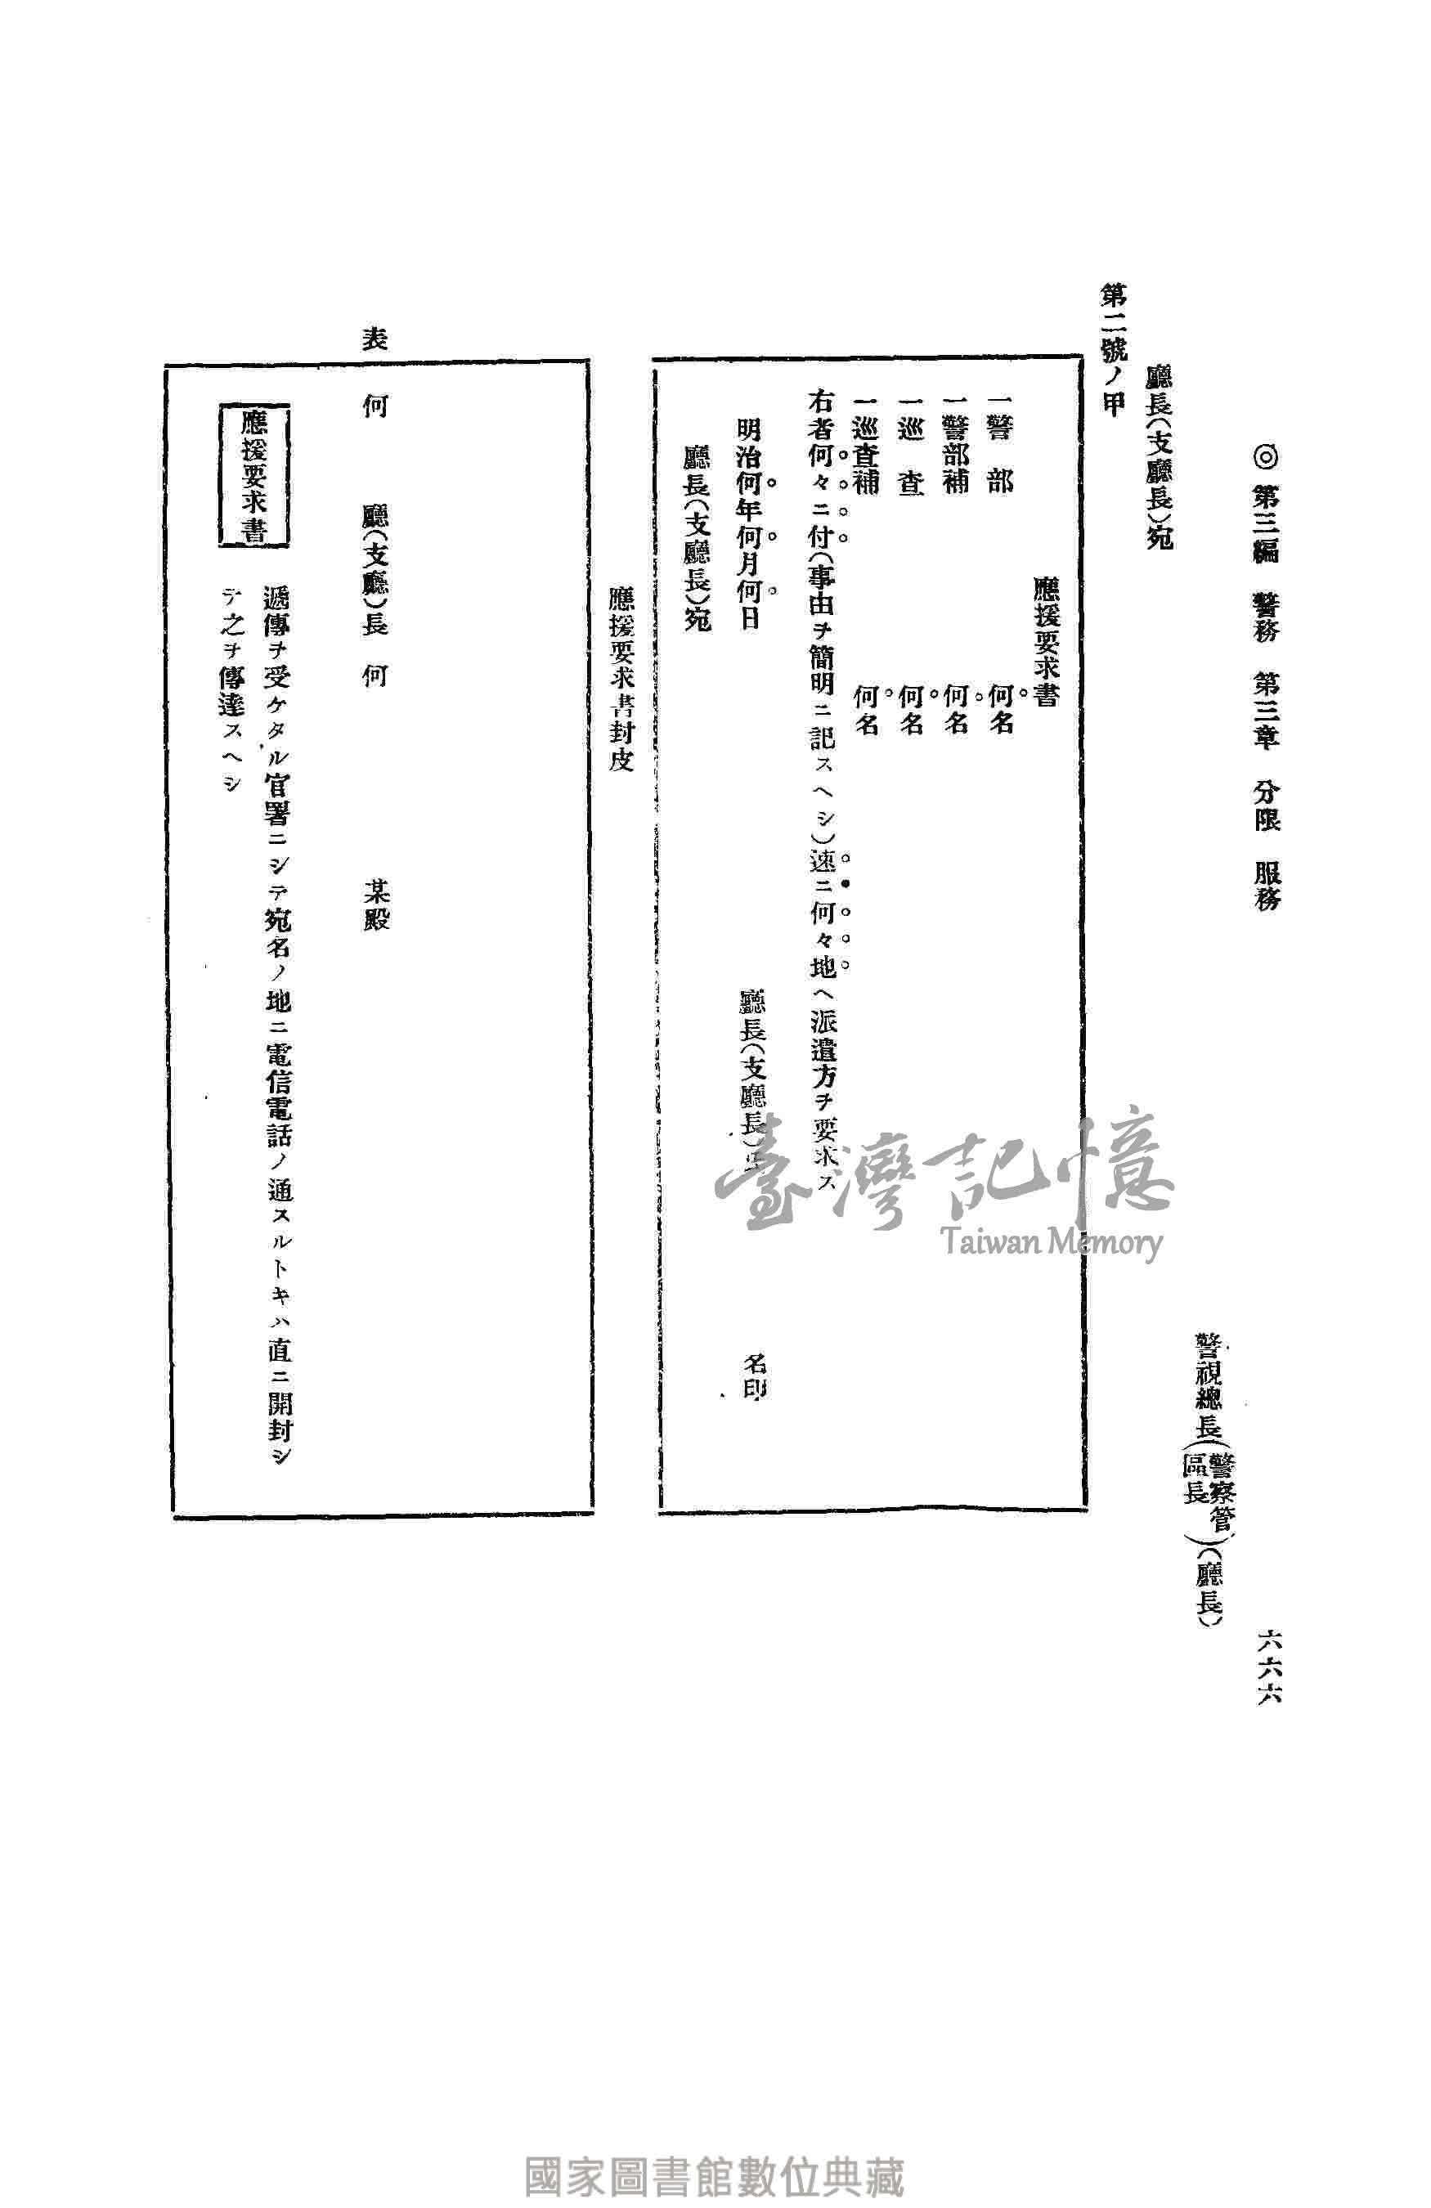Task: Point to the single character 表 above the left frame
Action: [374, 338]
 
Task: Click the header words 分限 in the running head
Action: [1267, 802]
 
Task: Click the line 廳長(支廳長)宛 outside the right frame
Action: [1159, 456]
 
